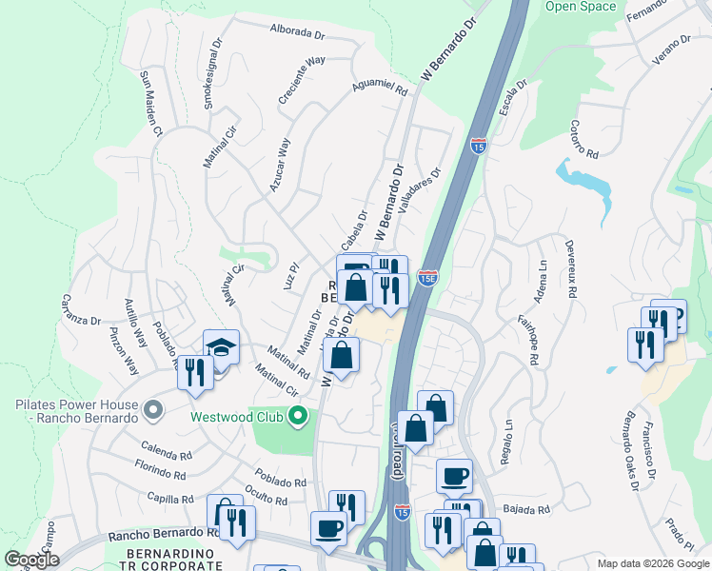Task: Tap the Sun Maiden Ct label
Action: click(152, 101)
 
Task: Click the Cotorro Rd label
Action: click(583, 140)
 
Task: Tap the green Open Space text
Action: click(580, 7)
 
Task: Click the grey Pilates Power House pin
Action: click(151, 411)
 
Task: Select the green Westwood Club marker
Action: click(298, 416)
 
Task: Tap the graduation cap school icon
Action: click(221, 348)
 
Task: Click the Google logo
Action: click(31, 560)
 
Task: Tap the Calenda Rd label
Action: click(168, 447)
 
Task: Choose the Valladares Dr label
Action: click(421, 193)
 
